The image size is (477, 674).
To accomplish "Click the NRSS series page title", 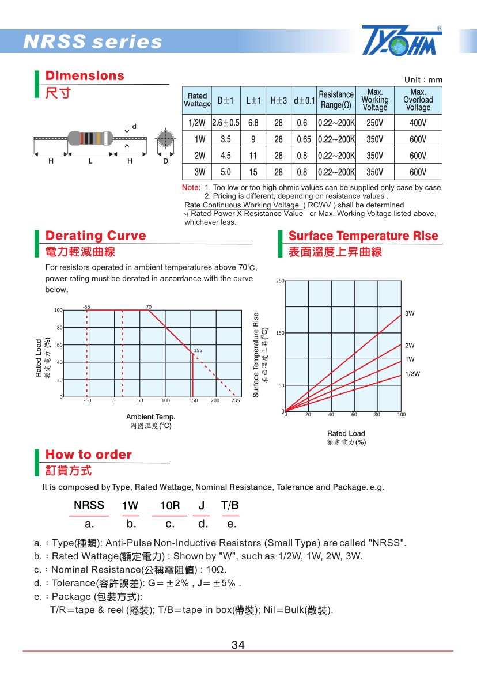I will tap(93, 42).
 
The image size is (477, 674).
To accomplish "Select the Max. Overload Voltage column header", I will tap(418, 100).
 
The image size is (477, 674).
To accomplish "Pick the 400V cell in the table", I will tap(418, 123).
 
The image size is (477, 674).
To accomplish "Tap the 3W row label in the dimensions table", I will tap(199, 172).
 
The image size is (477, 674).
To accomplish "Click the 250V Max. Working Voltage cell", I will tap(374, 123).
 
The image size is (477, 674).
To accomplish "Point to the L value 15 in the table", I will tap(253, 172).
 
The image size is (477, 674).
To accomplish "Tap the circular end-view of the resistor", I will tap(165, 139).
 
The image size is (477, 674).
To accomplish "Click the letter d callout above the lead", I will tap(134, 126).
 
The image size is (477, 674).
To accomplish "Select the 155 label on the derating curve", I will tap(198, 350).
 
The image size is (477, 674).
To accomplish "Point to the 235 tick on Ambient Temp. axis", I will tap(236, 400).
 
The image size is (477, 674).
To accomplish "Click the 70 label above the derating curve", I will tap(149, 307).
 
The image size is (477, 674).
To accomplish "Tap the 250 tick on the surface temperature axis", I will tap(279, 281).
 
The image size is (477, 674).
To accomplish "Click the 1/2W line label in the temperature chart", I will tap(412, 373).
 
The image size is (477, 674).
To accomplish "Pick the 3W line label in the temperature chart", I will tap(410, 313).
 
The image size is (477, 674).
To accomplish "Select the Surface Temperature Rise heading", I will tap(363, 236).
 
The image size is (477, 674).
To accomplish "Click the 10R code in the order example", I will tap(170, 506).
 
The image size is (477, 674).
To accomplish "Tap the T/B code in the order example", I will tap(230, 506).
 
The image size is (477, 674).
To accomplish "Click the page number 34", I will tap(238, 645).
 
